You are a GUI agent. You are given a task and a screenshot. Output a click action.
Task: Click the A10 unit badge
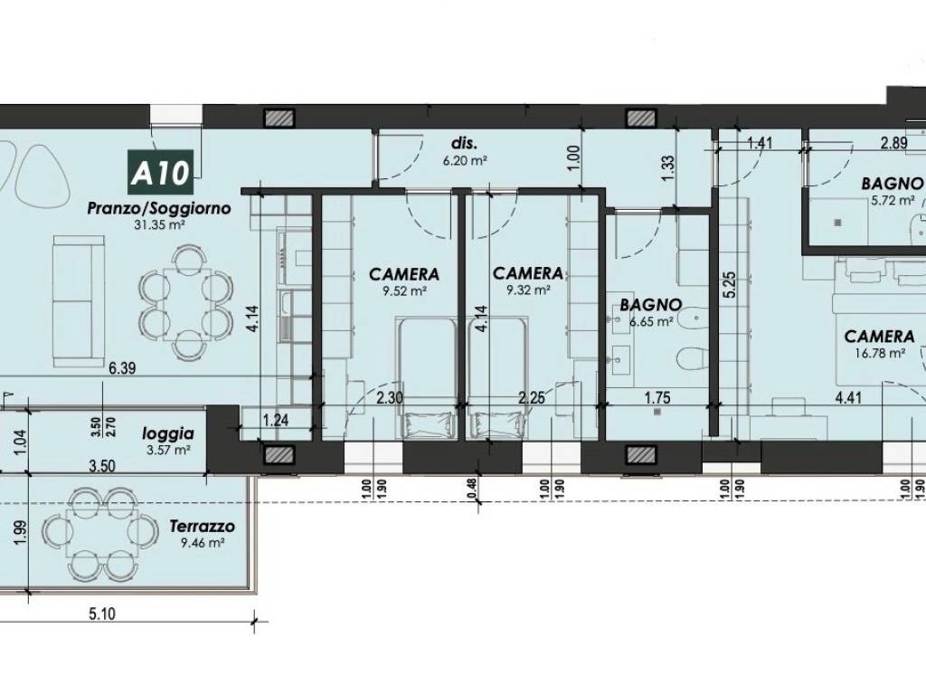click(160, 173)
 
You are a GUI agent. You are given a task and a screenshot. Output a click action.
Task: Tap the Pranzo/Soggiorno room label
click(159, 208)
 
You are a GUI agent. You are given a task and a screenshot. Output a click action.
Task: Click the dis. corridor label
click(464, 144)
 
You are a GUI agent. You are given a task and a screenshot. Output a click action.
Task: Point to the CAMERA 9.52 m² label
click(404, 281)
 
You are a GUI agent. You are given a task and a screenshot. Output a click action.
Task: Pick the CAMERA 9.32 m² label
click(527, 281)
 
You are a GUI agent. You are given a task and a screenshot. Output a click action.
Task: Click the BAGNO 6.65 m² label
click(650, 312)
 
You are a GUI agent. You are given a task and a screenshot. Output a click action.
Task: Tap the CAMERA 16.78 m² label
click(879, 344)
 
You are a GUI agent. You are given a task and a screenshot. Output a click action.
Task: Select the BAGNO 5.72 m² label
click(892, 191)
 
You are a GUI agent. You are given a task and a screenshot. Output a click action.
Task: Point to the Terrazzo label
click(202, 533)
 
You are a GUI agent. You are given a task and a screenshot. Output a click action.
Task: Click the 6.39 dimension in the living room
click(122, 368)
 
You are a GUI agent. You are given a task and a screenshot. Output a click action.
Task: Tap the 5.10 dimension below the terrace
click(101, 614)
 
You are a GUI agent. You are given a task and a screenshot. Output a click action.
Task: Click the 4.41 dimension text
click(848, 397)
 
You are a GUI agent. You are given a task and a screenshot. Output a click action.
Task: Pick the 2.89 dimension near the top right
click(893, 143)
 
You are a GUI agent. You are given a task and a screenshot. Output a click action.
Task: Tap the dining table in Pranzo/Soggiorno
click(185, 301)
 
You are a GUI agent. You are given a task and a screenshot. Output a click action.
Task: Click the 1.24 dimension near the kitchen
click(275, 421)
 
